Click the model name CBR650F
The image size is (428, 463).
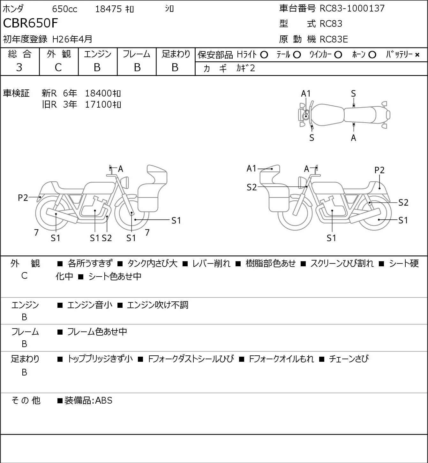coord(30,23)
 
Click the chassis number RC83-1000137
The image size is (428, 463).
coord(352,8)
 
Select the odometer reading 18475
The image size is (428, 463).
coord(109,9)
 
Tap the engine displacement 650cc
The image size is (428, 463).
coord(64,9)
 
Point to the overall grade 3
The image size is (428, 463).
coord(19,67)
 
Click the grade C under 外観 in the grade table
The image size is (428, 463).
coord(58,67)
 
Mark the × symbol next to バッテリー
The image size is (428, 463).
coord(417,55)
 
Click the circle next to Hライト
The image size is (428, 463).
coord(264,55)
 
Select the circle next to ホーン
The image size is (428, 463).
coord(372,55)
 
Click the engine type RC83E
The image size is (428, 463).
coord(334,39)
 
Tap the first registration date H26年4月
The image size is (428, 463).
coord(72,39)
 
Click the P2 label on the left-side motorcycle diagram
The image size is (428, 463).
coord(23,198)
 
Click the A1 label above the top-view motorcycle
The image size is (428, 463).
coord(306,94)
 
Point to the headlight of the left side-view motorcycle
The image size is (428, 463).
coord(125,183)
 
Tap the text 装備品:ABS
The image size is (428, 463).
coord(88,400)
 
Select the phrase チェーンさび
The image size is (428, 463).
coord(349,359)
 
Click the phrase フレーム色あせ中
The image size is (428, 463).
coord(97,331)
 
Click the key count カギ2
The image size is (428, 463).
coord(246,68)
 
